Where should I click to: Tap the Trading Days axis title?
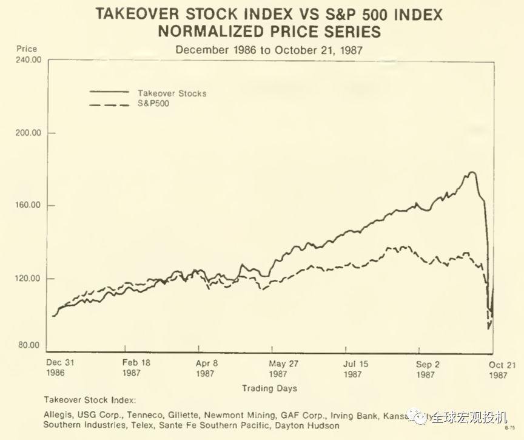click(x=269, y=388)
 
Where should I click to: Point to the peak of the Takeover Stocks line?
click(x=471, y=172)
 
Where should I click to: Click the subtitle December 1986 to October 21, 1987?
click(x=269, y=50)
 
